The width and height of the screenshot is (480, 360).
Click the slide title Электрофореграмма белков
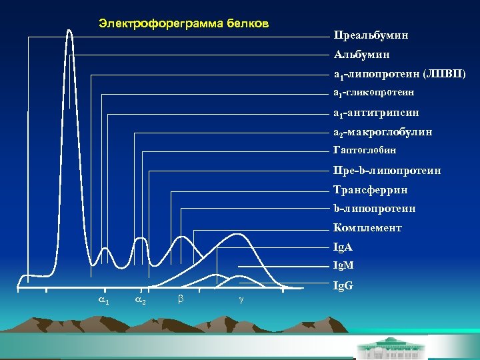(183, 24)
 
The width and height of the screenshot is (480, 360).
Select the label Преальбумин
(371, 35)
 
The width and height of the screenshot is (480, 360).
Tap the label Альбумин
(361, 54)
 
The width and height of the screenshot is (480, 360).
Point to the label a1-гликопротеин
(374, 92)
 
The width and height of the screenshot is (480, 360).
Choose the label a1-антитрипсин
(377, 113)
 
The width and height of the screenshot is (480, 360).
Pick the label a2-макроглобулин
(383, 133)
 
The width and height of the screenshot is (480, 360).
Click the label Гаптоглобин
(365, 151)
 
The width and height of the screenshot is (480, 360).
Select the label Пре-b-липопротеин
(387, 171)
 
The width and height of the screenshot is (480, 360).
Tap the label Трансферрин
(370, 190)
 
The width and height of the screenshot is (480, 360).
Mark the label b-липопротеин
(375, 209)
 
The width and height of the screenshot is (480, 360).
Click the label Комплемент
(368, 228)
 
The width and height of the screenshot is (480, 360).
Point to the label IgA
(343, 247)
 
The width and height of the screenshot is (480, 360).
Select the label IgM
(344, 265)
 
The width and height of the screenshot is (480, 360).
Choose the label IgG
(343, 286)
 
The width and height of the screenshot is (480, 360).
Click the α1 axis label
(105, 301)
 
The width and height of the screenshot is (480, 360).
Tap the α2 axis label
(141, 301)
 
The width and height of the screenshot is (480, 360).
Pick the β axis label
(180, 300)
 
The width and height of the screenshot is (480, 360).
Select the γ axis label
(239, 301)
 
